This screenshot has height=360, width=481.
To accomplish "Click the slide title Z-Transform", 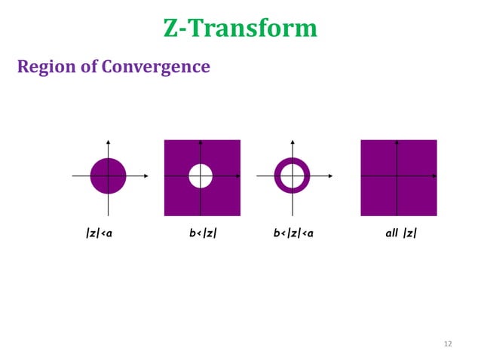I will tap(240, 28).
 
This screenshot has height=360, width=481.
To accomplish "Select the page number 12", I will tap(448, 344).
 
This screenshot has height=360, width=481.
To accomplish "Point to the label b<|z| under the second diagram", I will tap(203, 233).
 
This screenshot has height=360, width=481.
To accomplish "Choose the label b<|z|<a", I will tap(293, 233).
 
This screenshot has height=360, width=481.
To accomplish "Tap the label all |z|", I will tap(400, 233).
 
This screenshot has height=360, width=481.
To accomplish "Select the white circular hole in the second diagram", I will tap(201, 176).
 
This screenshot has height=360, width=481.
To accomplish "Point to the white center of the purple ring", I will tap(291, 176).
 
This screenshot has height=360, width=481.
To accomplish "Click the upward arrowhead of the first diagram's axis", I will tap(109, 142).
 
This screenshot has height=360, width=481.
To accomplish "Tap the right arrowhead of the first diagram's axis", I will tap(146, 176).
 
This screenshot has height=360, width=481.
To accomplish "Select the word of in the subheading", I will tap(90, 67).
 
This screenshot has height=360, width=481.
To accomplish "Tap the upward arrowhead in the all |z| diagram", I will tap(397, 142).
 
